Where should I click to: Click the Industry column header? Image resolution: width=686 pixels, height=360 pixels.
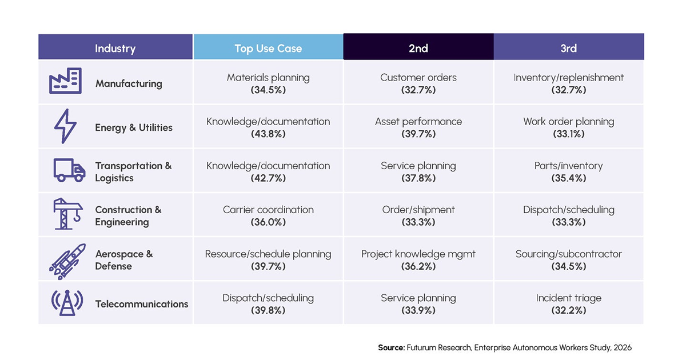click(x=115, y=49)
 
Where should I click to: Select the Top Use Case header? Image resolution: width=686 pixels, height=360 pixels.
click(x=268, y=49)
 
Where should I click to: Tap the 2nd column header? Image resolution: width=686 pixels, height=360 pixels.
click(x=418, y=49)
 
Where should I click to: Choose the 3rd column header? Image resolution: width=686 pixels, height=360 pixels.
click(x=569, y=49)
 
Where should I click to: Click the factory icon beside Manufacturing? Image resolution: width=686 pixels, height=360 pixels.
click(x=66, y=81)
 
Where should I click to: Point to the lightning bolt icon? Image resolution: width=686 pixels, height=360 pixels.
click(x=65, y=126)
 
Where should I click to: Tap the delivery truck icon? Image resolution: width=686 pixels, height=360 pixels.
click(x=70, y=170)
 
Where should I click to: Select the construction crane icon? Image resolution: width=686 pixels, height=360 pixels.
click(x=67, y=214)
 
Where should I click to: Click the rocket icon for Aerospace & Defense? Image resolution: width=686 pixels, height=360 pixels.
click(x=67, y=262)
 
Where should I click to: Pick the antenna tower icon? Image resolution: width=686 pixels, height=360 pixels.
click(x=67, y=303)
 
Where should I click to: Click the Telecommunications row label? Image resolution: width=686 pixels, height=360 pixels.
click(x=142, y=304)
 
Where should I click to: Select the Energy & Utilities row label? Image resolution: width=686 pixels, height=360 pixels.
click(x=134, y=127)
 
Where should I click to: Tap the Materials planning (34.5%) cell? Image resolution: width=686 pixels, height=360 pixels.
click(x=268, y=83)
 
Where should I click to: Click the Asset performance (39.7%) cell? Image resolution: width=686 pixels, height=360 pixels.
click(x=418, y=127)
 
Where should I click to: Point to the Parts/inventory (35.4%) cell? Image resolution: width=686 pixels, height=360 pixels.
click(x=569, y=172)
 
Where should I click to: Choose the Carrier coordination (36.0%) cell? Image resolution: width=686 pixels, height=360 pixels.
click(x=268, y=216)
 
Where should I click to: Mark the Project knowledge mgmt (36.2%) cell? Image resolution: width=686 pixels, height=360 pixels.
click(x=418, y=260)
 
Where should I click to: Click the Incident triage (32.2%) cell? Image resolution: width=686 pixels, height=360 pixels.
click(x=569, y=304)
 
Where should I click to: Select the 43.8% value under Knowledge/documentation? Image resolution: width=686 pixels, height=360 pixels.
click(x=268, y=134)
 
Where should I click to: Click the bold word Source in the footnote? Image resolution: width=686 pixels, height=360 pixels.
click(x=392, y=348)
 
